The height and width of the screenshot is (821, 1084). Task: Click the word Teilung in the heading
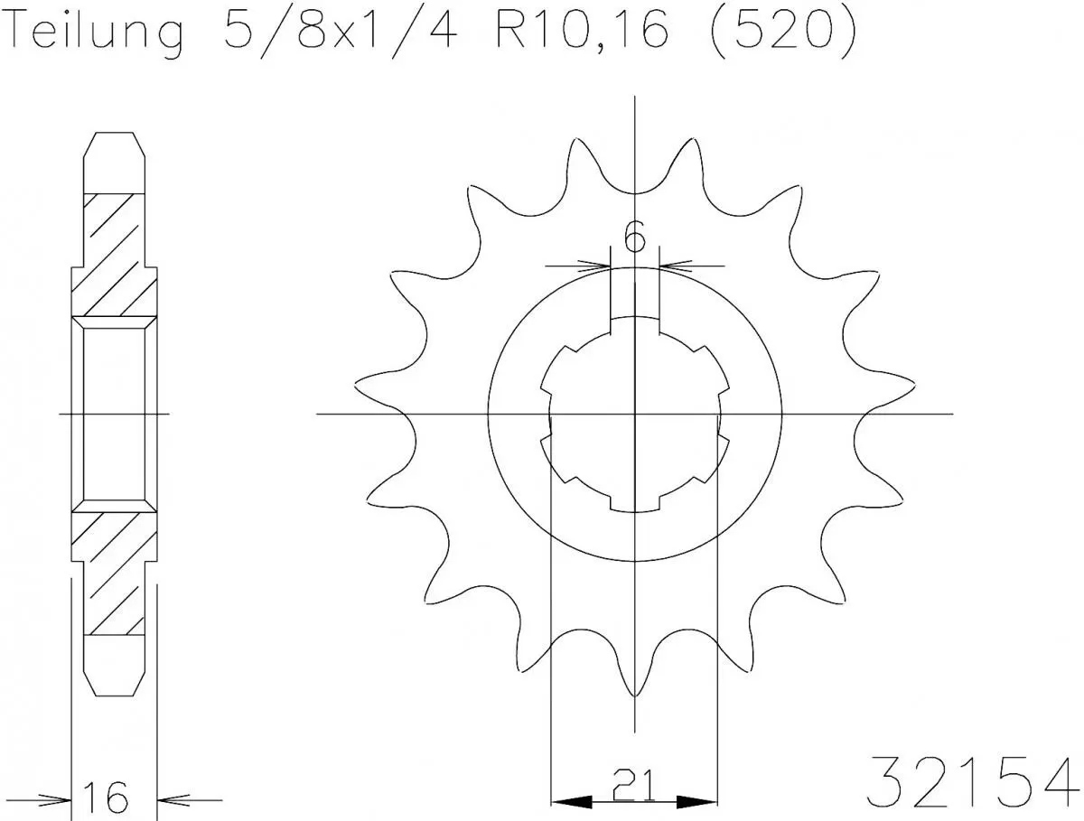97,33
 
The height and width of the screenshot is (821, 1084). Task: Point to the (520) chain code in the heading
780,33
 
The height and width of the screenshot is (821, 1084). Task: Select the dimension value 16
107,798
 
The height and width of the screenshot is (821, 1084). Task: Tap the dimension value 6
635,238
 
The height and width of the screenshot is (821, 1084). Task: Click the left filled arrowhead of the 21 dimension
569,801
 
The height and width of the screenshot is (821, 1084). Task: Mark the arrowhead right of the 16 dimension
172,798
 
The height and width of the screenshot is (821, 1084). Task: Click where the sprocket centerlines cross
635,415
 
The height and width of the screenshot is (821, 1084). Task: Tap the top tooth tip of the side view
114,135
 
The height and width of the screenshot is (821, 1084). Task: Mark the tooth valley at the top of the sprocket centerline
635,193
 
